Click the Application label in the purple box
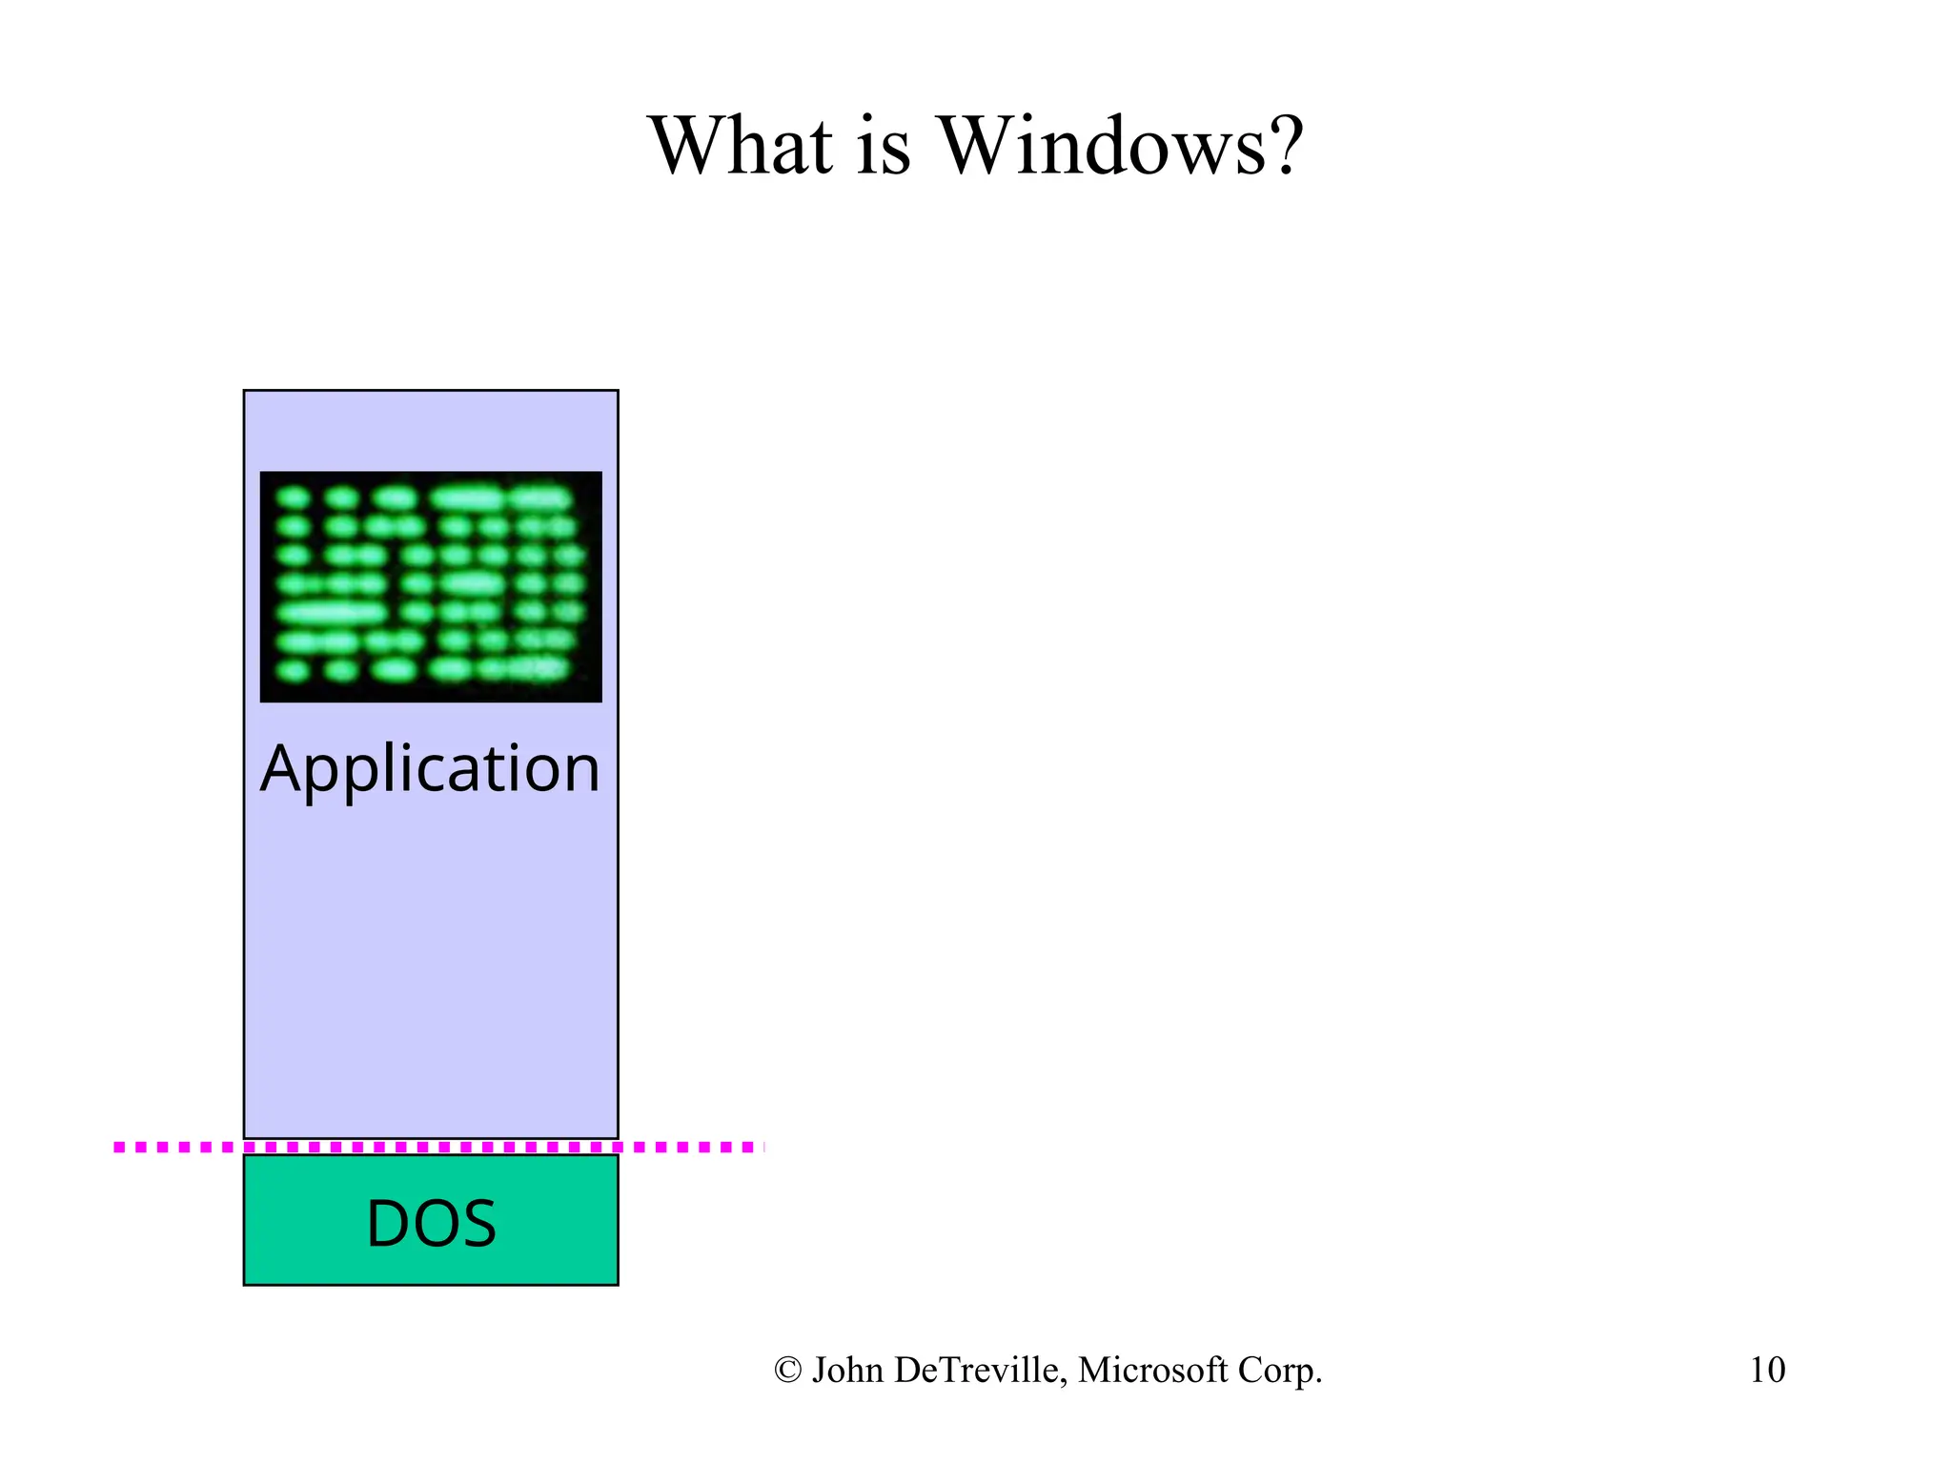(431, 768)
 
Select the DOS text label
(431, 1224)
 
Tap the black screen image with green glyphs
(431, 586)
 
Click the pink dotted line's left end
(119, 1147)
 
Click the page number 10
(1767, 1370)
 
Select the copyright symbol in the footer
(787, 1371)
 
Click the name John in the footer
(847, 1370)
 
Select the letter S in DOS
(477, 1224)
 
